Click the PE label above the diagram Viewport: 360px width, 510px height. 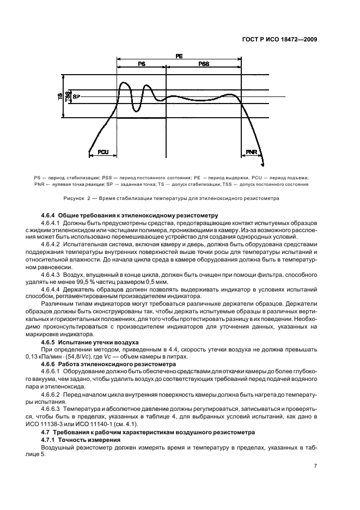click(x=179, y=56)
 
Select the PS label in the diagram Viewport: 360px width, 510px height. click(x=141, y=64)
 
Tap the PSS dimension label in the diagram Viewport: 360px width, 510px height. click(x=203, y=64)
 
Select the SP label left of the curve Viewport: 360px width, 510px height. click(x=76, y=96)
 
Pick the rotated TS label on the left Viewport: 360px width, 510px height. click(x=59, y=96)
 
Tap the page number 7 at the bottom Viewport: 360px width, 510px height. click(x=316, y=466)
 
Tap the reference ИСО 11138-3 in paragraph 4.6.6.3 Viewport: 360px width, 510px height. click(x=59, y=424)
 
